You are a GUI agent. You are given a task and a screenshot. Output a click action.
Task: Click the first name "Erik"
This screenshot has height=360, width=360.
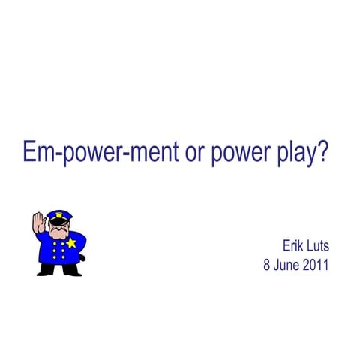pyautogui.click(x=293, y=245)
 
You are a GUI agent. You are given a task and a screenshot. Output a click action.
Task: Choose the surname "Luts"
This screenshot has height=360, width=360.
pyautogui.click(x=318, y=245)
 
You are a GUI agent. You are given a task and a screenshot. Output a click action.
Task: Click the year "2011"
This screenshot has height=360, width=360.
pyautogui.click(x=316, y=265)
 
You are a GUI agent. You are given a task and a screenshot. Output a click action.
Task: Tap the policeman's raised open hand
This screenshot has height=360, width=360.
pyautogui.click(x=38, y=224)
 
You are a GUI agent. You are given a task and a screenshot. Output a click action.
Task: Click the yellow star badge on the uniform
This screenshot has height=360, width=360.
pyautogui.click(x=71, y=243)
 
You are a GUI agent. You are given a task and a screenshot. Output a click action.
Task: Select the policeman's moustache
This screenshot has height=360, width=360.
pyautogui.click(x=58, y=231)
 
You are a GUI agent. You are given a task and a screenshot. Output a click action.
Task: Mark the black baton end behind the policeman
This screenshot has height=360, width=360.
pyautogui.click(x=82, y=258)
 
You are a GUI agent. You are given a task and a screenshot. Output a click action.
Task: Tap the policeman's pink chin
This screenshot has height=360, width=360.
pyautogui.click(x=58, y=235)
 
